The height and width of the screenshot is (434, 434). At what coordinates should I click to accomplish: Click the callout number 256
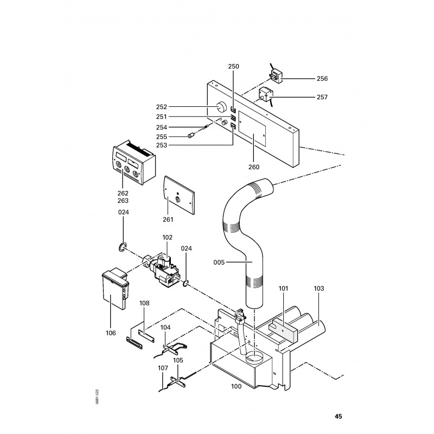(322, 79)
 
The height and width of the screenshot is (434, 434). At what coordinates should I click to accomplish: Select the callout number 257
(322, 97)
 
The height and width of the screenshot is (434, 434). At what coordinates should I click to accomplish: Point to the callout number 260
(254, 167)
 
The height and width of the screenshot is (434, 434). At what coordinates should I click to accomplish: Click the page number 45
(338, 417)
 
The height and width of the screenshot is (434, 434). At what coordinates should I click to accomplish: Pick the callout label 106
(111, 333)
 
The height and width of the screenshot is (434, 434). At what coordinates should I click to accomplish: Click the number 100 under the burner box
(236, 386)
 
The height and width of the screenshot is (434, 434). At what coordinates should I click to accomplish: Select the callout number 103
(318, 289)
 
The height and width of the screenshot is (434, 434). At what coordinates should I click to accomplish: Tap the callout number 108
(144, 304)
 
